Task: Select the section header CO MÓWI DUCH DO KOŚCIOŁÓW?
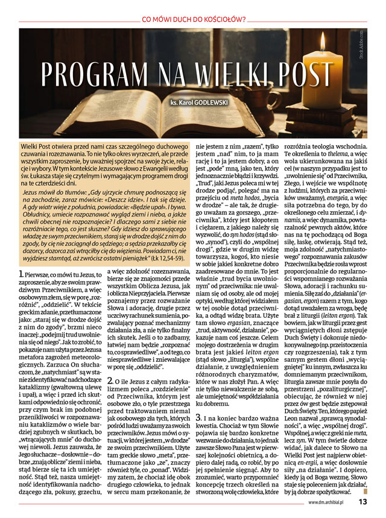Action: point(193,19)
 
